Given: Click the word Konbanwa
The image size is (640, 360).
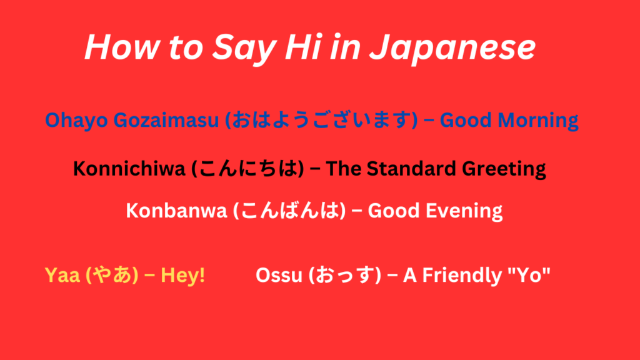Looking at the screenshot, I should tap(176, 211).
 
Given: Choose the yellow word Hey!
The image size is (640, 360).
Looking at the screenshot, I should tap(183, 275).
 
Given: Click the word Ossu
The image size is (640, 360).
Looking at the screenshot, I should tap(277, 275).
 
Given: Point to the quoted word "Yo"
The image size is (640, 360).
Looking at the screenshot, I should tap(531, 275).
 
